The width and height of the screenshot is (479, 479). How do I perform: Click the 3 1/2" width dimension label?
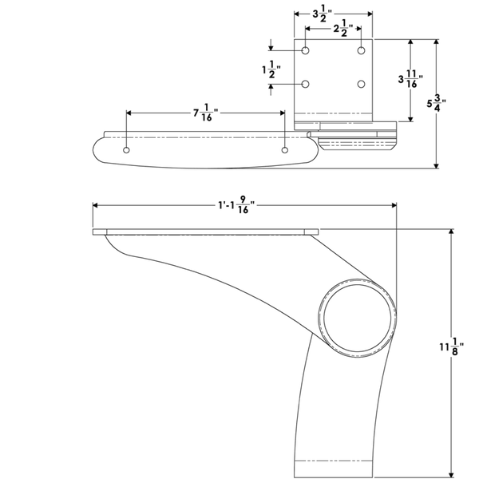click(x=322, y=14)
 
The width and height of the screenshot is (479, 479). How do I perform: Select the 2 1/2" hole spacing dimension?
click(x=343, y=29)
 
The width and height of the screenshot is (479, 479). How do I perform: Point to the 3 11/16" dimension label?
click(x=410, y=79)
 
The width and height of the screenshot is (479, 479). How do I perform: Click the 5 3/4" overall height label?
click(x=437, y=103)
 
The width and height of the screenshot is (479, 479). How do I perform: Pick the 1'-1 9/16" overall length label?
click(x=236, y=205)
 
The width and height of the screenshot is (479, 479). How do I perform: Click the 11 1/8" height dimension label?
click(x=452, y=346)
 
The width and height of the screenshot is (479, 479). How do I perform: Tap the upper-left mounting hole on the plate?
click(x=305, y=50)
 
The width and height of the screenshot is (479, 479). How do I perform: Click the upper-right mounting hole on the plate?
click(x=362, y=50)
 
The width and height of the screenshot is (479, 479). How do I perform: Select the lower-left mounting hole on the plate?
click(x=305, y=84)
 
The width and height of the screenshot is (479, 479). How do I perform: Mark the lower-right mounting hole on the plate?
click(x=362, y=84)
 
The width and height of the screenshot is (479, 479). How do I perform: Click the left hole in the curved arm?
click(x=126, y=150)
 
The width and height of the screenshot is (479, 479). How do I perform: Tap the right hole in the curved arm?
click(x=285, y=150)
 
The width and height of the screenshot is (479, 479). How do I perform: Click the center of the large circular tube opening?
click(x=357, y=318)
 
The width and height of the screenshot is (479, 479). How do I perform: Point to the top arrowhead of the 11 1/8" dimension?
click(x=451, y=232)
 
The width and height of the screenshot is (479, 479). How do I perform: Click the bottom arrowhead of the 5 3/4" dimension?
click(x=437, y=165)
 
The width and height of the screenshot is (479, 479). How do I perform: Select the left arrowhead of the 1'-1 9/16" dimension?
click(x=95, y=205)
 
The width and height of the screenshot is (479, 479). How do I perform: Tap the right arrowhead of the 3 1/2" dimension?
click(x=370, y=14)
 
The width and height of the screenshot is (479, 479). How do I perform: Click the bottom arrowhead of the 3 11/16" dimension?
click(x=410, y=118)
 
